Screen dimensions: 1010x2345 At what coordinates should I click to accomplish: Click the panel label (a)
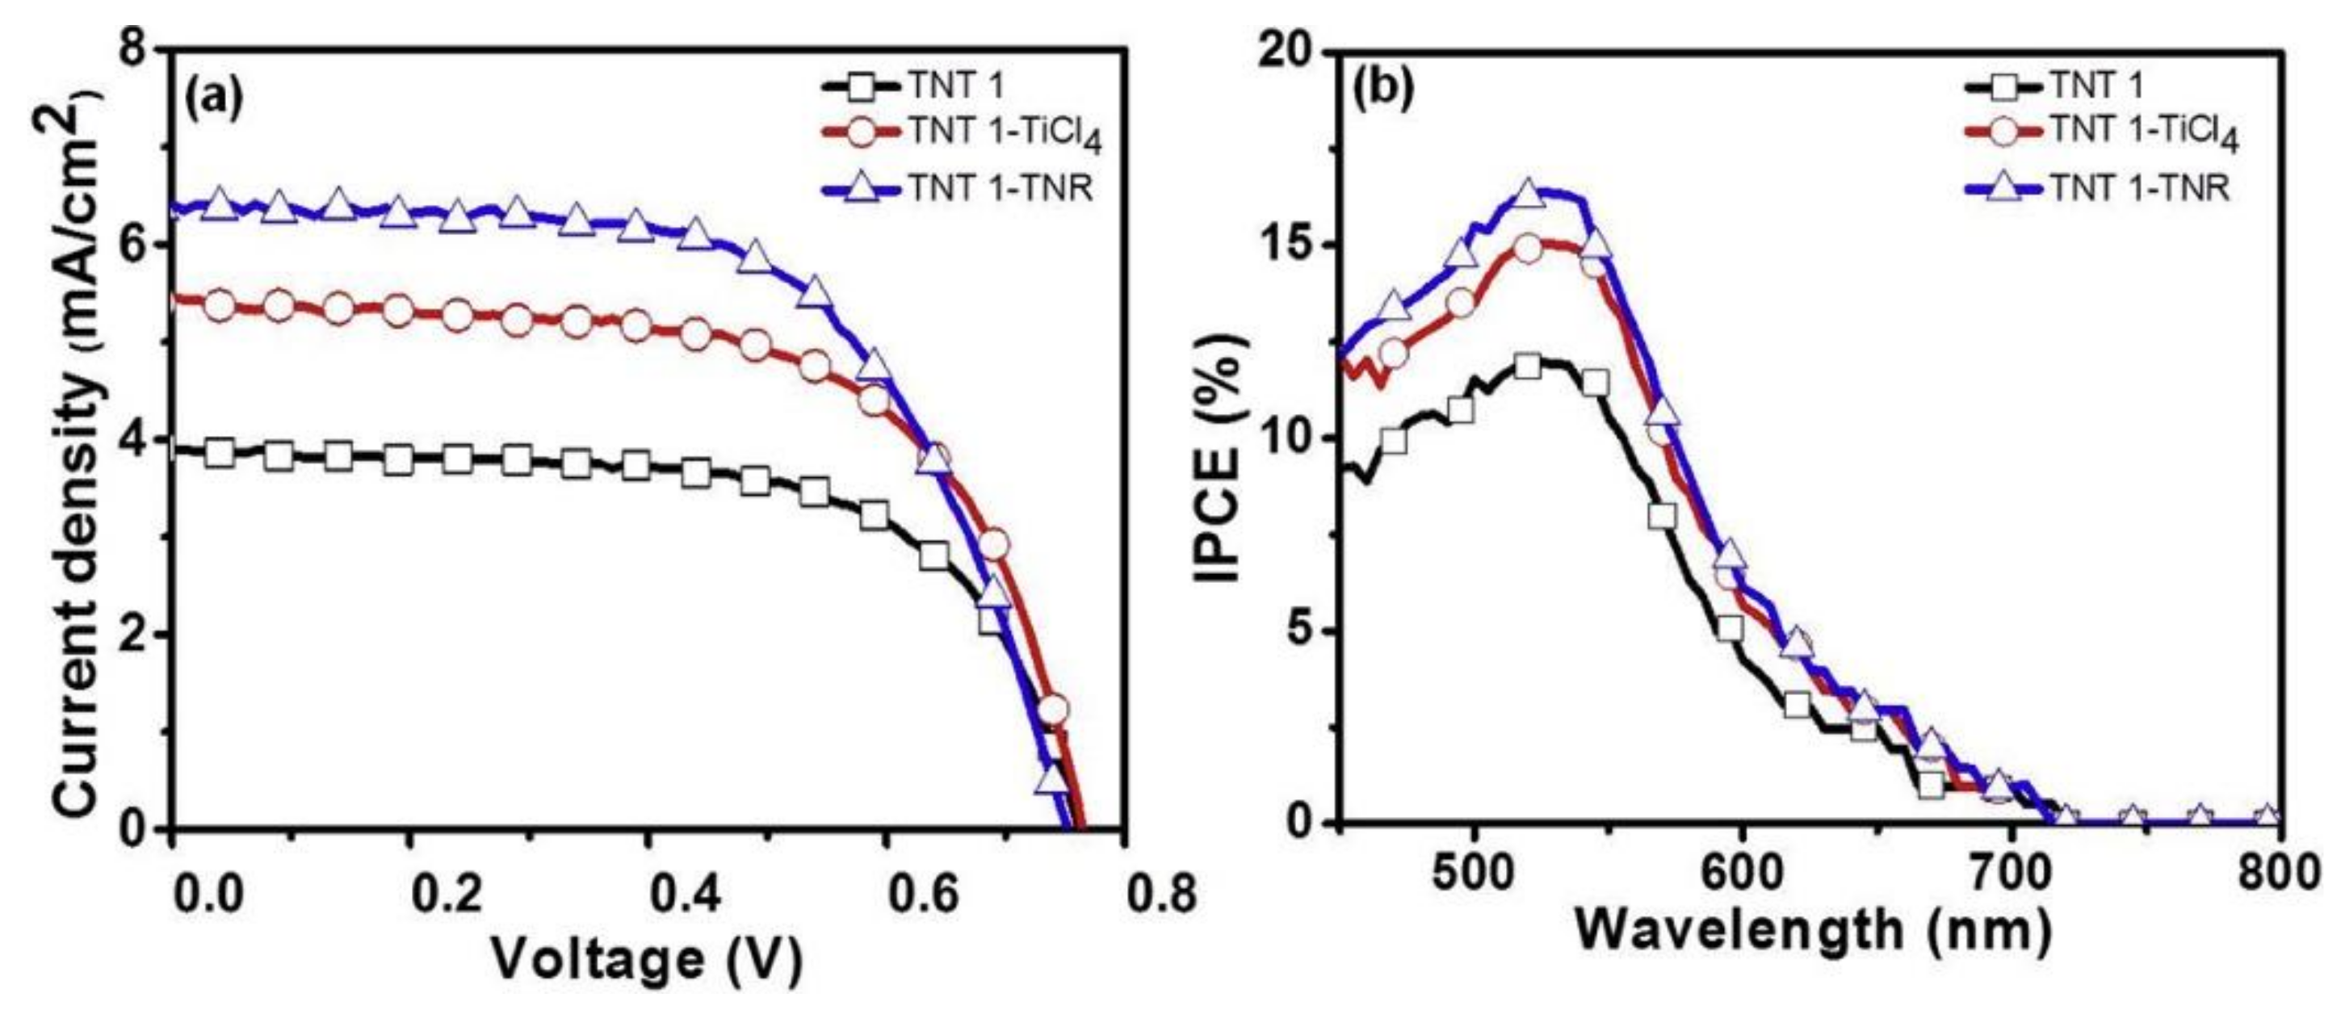coord(215,96)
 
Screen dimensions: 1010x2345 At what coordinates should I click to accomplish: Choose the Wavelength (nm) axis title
coord(1811,930)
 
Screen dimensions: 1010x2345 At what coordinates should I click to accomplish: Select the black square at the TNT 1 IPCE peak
coord(1529,366)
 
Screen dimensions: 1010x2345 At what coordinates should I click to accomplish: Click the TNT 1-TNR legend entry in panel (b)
coord(2094,188)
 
